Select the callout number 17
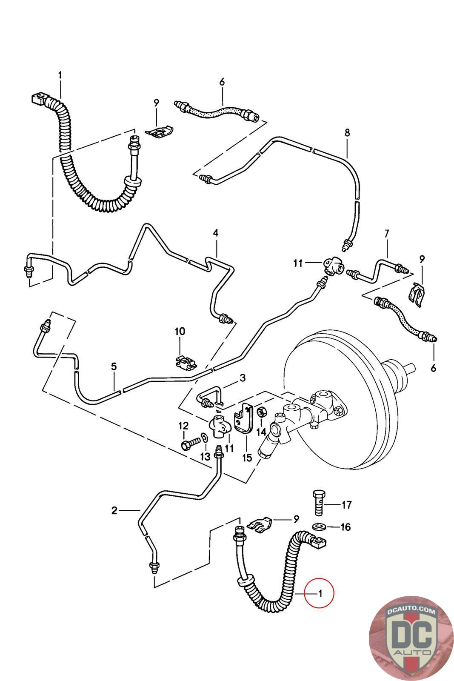[346, 505]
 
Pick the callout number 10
[180, 331]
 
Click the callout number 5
[114, 366]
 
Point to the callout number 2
[114, 510]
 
